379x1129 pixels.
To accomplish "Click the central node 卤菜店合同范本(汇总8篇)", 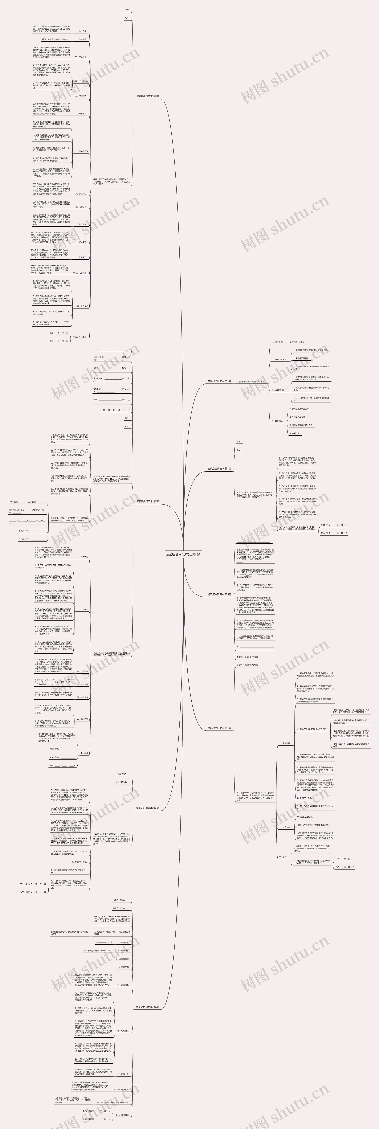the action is point(184,554).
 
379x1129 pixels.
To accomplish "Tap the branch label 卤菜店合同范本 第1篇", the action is point(220,381).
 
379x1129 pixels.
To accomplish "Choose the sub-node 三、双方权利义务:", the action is point(279,390).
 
